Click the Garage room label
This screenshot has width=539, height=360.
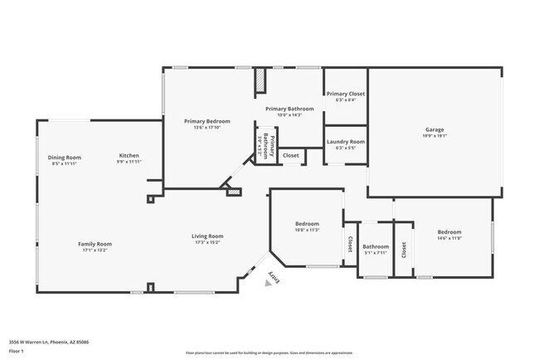tap(435, 129)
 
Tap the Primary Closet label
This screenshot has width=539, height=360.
tap(345, 94)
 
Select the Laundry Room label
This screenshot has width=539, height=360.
tap(345, 142)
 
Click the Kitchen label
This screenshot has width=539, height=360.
tap(129, 155)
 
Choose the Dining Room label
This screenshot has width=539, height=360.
tap(64, 157)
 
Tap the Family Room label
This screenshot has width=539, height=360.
tap(95, 244)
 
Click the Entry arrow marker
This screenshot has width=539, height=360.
tap(269, 283)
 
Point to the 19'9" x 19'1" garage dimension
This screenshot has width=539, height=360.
tap(435, 137)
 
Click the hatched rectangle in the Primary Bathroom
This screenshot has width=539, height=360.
tap(260, 80)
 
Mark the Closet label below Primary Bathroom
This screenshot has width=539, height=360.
tap(291, 155)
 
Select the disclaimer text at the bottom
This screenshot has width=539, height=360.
tap(269, 353)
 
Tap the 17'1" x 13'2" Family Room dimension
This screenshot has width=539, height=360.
tap(95, 251)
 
